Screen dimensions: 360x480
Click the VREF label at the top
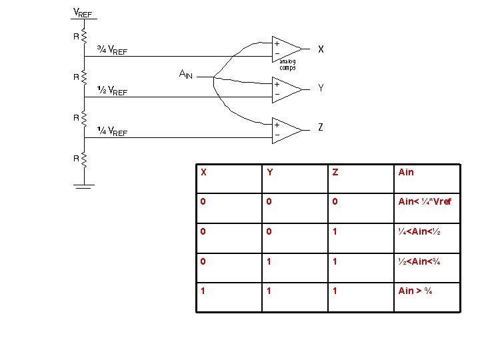click(82, 13)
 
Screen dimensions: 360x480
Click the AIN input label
click(185, 73)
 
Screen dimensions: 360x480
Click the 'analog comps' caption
click(287, 65)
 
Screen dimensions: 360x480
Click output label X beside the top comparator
click(321, 49)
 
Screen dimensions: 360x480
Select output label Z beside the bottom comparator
click(321, 127)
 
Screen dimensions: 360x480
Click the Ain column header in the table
click(406, 172)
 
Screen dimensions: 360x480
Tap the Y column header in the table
click(269, 172)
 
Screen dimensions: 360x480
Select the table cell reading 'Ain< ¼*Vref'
click(425, 201)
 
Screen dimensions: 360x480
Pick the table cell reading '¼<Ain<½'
click(419, 231)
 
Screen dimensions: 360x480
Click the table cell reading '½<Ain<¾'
click(419, 261)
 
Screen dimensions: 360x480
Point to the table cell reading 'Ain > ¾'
click(415, 291)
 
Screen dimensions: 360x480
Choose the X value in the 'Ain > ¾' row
click(204, 291)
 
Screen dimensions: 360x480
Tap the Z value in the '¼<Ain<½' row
click(335, 231)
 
